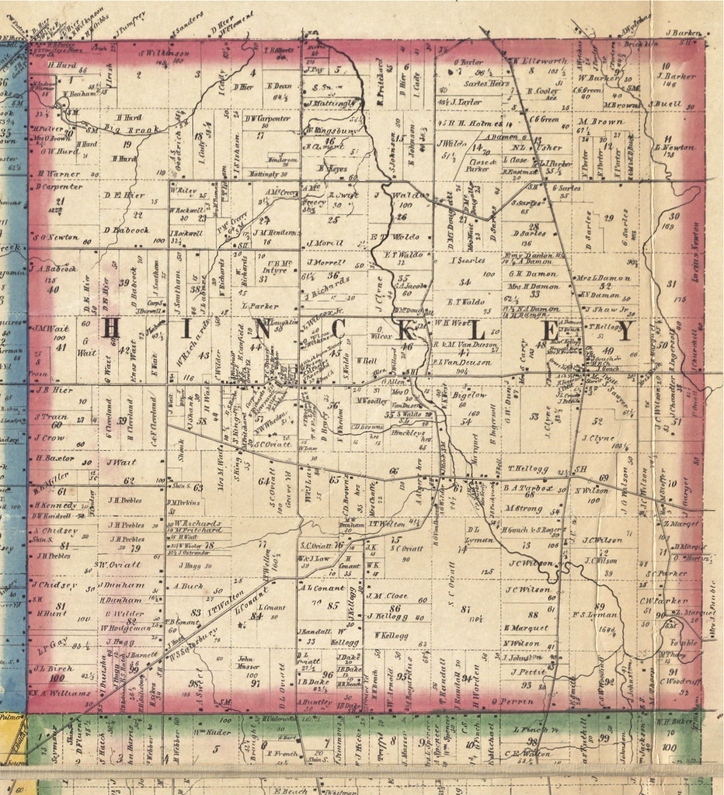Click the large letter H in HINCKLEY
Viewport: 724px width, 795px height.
[110, 329]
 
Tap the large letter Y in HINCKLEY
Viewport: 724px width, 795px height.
[625, 331]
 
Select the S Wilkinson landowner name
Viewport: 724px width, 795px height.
[164, 54]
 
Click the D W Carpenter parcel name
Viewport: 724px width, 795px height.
[267, 119]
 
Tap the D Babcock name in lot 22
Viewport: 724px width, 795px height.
[126, 230]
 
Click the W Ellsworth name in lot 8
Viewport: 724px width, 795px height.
[538, 61]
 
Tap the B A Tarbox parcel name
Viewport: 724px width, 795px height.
[527, 488]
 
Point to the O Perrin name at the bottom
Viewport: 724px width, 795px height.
[512, 701]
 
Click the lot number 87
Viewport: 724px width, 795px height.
[465, 609]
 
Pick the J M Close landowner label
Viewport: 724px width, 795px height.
[387, 596]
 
